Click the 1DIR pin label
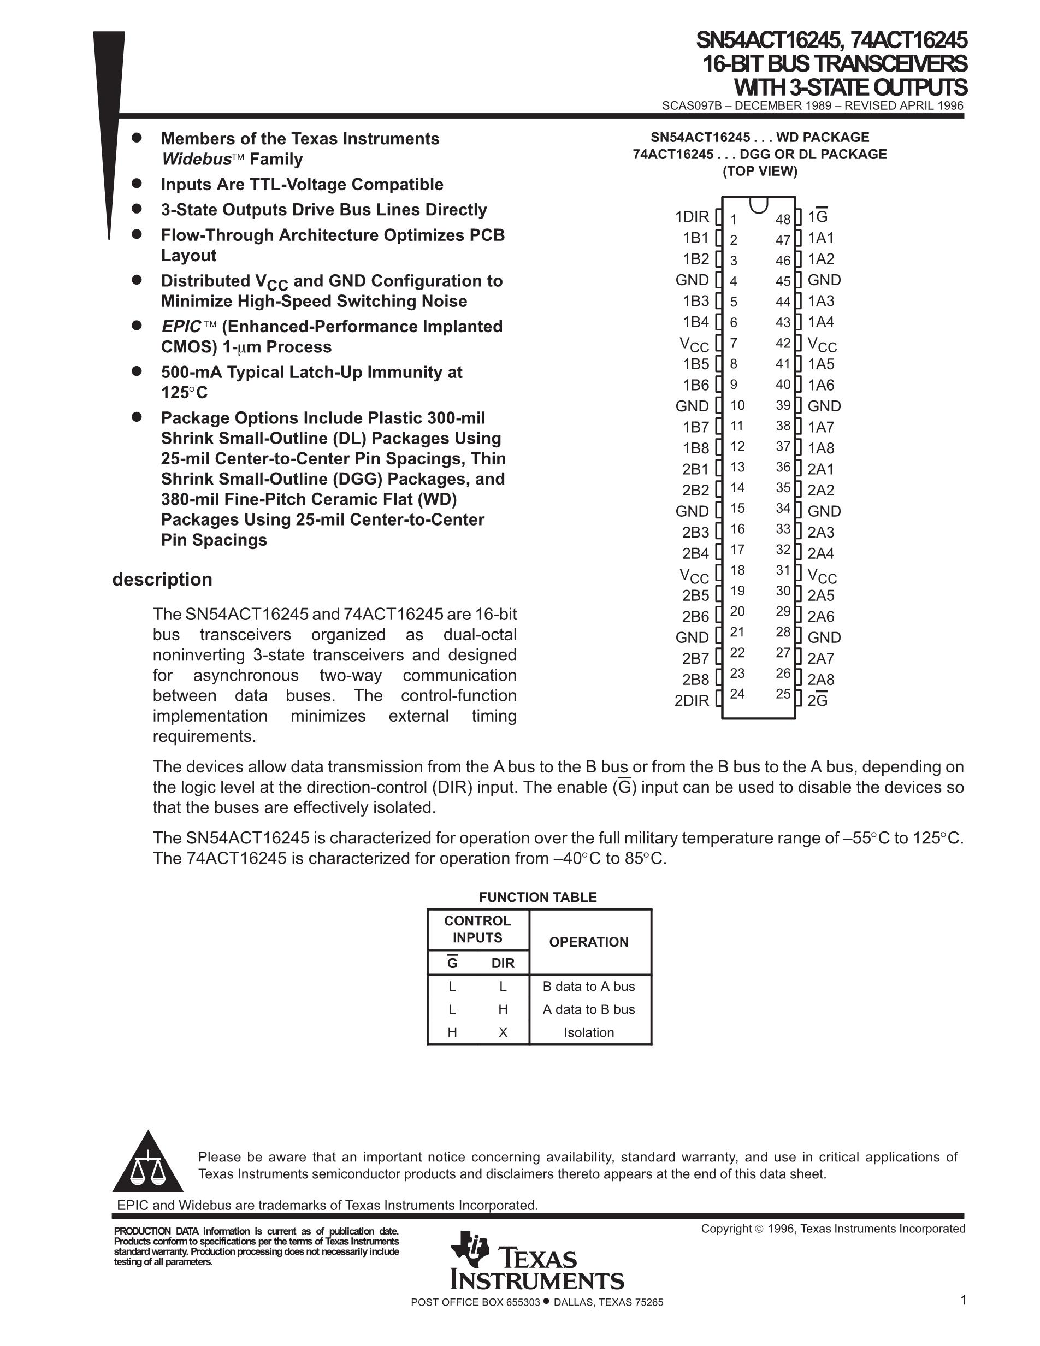[x=692, y=217]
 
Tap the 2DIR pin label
[x=692, y=700]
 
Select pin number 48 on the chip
[x=783, y=220]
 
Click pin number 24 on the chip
[x=737, y=694]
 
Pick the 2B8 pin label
[x=695, y=679]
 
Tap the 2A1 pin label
[x=820, y=469]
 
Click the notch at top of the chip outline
[x=759, y=204]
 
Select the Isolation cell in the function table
[x=588, y=1032]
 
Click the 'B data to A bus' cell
[x=588, y=986]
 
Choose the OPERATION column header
[x=588, y=942]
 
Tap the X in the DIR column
[x=503, y=1032]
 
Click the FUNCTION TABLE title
[x=538, y=898]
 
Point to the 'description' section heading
[x=162, y=580]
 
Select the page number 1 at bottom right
[x=963, y=1301]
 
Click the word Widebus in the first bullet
[x=196, y=159]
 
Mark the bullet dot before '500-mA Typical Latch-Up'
[x=137, y=371]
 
